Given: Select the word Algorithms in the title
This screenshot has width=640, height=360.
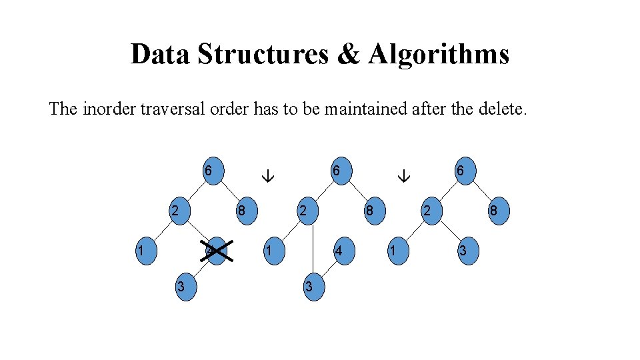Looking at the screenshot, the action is [438, 54].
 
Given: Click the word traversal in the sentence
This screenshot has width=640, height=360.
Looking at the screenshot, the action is [164, 109].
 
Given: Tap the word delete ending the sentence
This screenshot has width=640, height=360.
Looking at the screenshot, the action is [503, 109].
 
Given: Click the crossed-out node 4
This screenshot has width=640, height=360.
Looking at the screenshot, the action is [217, 251].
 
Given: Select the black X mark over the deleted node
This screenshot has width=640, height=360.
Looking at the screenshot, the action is [217, 251].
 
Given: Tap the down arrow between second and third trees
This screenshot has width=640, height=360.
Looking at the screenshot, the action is [403, 177].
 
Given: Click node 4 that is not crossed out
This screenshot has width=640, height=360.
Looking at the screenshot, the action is [340, 251].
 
